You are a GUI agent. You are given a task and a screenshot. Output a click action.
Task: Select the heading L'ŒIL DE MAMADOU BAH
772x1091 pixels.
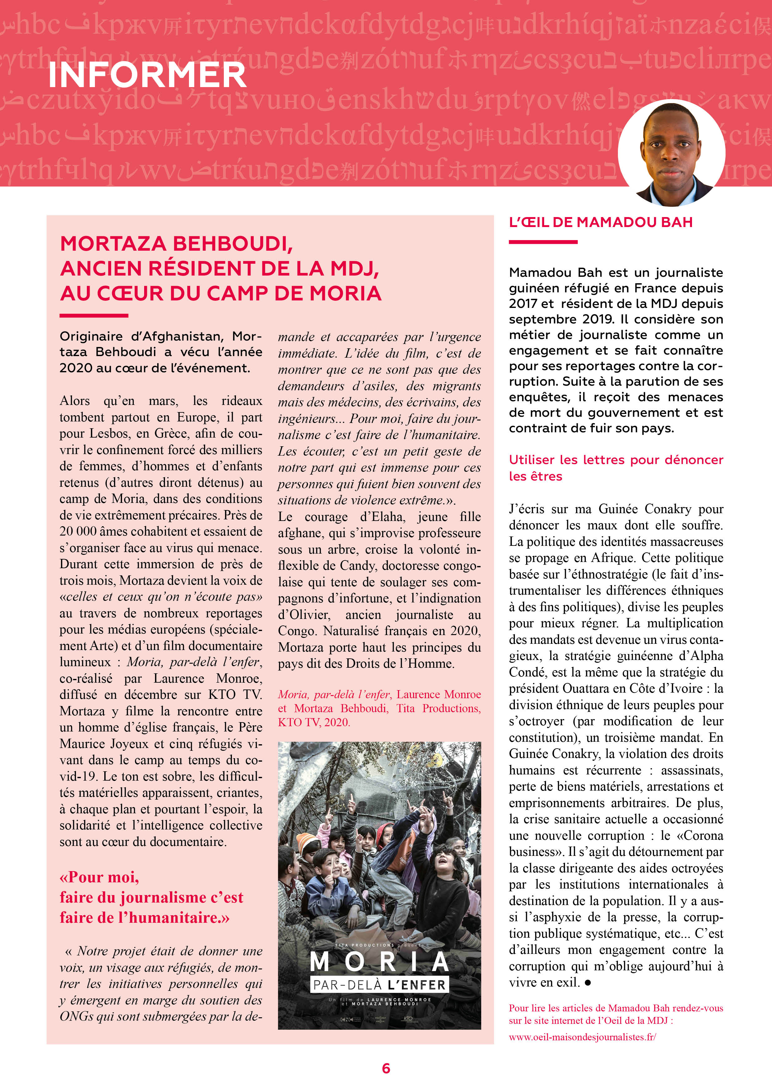pyautogui.click(x=600, y=222)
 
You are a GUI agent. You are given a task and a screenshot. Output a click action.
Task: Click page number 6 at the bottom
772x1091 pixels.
pyautogui.click(x=386, y=1069)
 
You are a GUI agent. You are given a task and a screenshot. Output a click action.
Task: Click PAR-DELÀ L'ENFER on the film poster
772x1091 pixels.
pyautogui.click(x=379, y=985)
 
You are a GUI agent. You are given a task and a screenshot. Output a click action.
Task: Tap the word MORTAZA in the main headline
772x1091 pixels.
pyautogui.click(x=113, y=244)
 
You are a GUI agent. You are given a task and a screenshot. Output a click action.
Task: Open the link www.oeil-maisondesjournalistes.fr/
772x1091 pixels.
pyautogui.click(x=582, y=1037)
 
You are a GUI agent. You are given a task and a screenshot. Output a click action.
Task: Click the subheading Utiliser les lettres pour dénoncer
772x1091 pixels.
pyautogui.click(x=615, y=460)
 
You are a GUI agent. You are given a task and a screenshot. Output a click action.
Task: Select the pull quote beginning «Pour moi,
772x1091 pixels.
pyautogui.click(x=151, y=897)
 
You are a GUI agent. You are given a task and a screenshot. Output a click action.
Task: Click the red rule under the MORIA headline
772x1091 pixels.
pyautogui.click(x=94, y=316)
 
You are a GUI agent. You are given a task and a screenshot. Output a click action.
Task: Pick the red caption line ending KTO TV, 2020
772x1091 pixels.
pyautogui.click(x=314, y=722)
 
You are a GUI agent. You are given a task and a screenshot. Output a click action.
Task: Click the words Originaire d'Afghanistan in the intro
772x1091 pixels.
pyautogui.click(x=141, y=337)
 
